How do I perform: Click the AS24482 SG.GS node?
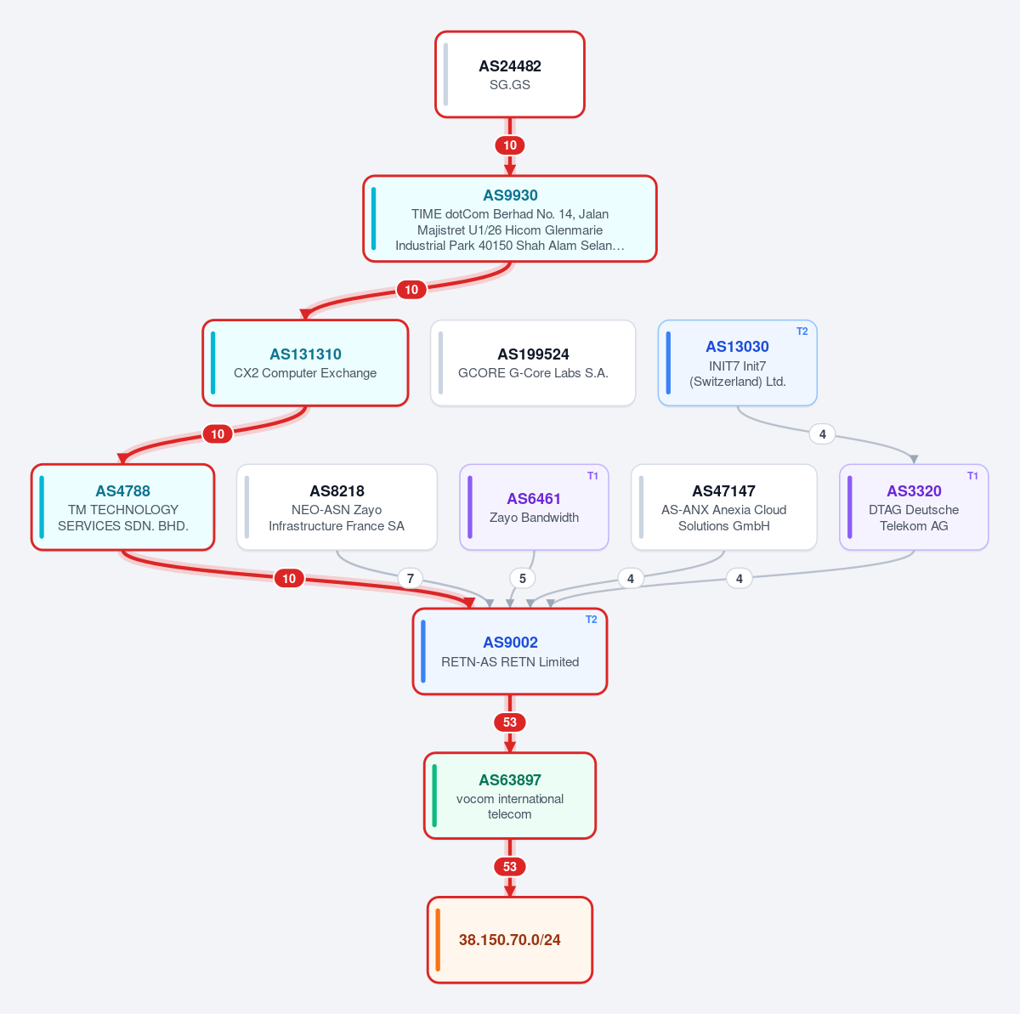[x=510, y=74]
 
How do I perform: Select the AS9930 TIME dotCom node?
[x=510, y=218]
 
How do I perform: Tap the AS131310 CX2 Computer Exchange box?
[x=305, y=363]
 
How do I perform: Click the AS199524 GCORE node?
[x=533, y=363]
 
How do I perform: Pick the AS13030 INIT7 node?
[x=737, y=363]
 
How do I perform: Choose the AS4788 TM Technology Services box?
[x=122, y=507]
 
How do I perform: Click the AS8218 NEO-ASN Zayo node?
[x=337, y=507]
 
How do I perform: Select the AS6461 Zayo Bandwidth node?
[x=534, y=507]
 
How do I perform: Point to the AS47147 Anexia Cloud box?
[x=724, y=507]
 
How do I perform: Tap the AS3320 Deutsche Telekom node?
[x=914, y=507]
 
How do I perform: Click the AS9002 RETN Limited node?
[x=510, y=651]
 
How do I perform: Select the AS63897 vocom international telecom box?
[x=510, y=796]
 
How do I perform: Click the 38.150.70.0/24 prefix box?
[x=510, y=940]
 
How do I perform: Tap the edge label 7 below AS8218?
[x=411, y=578]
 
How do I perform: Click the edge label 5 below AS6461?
[x=523, y=578]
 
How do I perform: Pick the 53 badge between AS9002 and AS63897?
[x=510, y=722]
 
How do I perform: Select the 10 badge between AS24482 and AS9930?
[x=510, y=145]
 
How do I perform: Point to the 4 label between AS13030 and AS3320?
[x=823, y=434]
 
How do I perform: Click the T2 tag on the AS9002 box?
[x=592, y=620]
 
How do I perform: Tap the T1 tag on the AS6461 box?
[x=592, y=475]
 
